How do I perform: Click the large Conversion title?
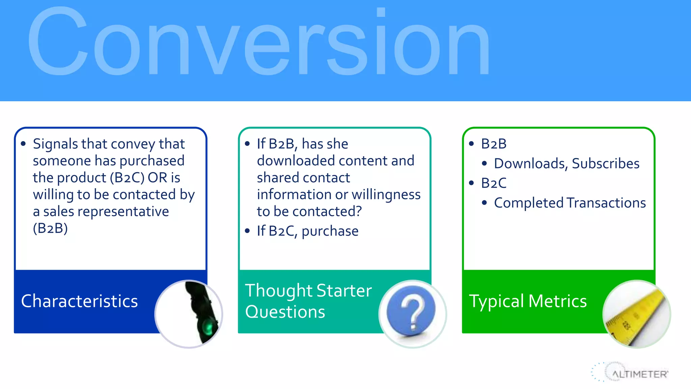[258, 42]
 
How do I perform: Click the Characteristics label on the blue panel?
[79, 301]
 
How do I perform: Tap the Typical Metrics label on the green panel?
[528, 301]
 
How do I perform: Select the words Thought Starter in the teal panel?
[308, 290]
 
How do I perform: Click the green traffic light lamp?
[208, 327]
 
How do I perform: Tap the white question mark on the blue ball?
[412, 312]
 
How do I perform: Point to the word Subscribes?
[606, 163]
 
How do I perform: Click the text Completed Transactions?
[570, 203]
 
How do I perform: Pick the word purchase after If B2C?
[330, 231]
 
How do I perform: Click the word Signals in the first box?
[55, 144]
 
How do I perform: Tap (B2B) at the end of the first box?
[50, 228]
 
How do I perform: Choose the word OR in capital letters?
[157, 178]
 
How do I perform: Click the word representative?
[123, 212]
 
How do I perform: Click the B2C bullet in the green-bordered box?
[493, 183]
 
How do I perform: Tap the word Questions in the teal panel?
[285, 312]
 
